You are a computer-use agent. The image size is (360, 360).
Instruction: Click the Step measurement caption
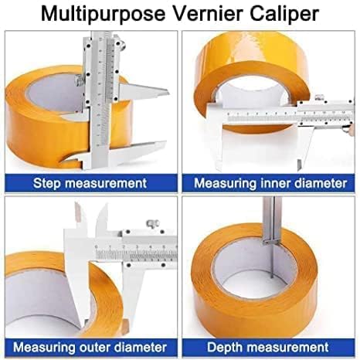tap(90, 183)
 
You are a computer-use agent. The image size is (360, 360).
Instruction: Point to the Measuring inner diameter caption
tap(270, 183)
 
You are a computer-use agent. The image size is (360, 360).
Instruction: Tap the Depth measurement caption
tap(270, 346)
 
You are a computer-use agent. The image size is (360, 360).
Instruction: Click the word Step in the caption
tap(49, 183)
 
